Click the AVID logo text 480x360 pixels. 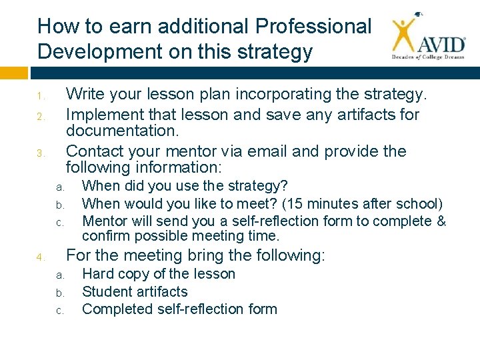click(x=441, y=44)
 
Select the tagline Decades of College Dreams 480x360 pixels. click(x=427, y=58)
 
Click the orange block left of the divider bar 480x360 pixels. click(x=14, y=71)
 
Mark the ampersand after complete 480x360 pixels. click(x=441, y=221)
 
